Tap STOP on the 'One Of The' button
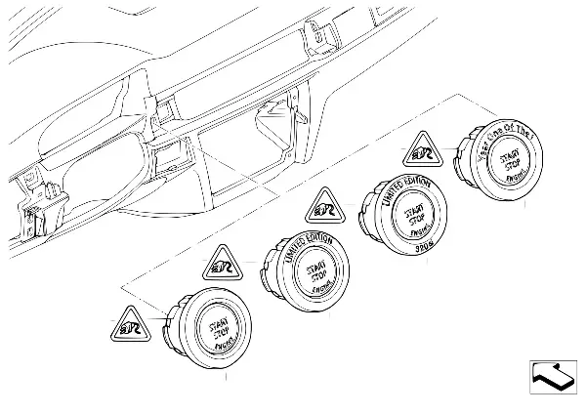[512, 166]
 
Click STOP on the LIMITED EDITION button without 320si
[314, 278]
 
